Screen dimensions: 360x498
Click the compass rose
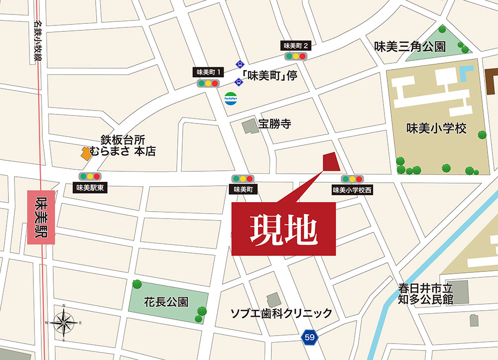pos(64,322)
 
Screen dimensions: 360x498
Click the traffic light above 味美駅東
pos(90,176)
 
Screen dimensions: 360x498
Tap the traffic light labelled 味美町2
pos(296,56)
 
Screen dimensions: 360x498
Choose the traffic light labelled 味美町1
pos(208,83)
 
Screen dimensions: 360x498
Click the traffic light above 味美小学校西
pos(352,179)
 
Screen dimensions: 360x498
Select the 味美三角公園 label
pos(410,47)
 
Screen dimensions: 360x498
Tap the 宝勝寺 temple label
pos(274,124)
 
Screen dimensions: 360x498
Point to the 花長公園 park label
pos(166,302)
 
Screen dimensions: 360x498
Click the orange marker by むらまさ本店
pos(86,153)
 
